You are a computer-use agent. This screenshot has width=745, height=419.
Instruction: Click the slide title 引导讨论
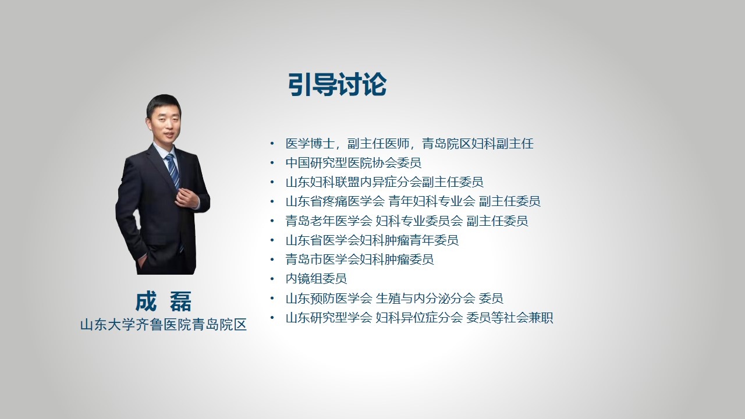pos(337,84)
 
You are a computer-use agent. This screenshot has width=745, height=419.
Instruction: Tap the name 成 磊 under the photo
pos(164,301)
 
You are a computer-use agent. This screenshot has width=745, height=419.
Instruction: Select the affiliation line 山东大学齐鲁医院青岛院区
pos(164,325)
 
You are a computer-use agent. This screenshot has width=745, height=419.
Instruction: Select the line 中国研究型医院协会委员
pos(353,163)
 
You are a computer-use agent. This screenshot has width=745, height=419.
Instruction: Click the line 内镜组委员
pos(316,279)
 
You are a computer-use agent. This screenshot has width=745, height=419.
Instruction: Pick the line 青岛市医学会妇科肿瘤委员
pos(360,260)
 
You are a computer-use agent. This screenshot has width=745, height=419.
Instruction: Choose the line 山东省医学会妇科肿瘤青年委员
pos(372,240)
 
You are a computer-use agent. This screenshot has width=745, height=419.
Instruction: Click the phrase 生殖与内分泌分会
pos(425,299)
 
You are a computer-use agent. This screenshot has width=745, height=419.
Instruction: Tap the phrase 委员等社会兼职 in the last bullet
pos(509,318)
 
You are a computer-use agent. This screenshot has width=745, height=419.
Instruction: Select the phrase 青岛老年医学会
pos(329,221)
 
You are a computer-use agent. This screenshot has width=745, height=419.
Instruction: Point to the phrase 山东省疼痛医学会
pos(335,201)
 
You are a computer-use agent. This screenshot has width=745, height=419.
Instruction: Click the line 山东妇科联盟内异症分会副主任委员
pos(385,182)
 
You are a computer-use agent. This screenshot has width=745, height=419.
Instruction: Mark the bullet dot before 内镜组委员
pos(272,279)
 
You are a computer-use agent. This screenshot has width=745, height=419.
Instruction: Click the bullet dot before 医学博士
pos(272,144)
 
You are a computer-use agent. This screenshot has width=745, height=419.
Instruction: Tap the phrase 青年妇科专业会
pos(432,201)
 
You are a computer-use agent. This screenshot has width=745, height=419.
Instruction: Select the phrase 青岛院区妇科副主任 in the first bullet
pos(478,144)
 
